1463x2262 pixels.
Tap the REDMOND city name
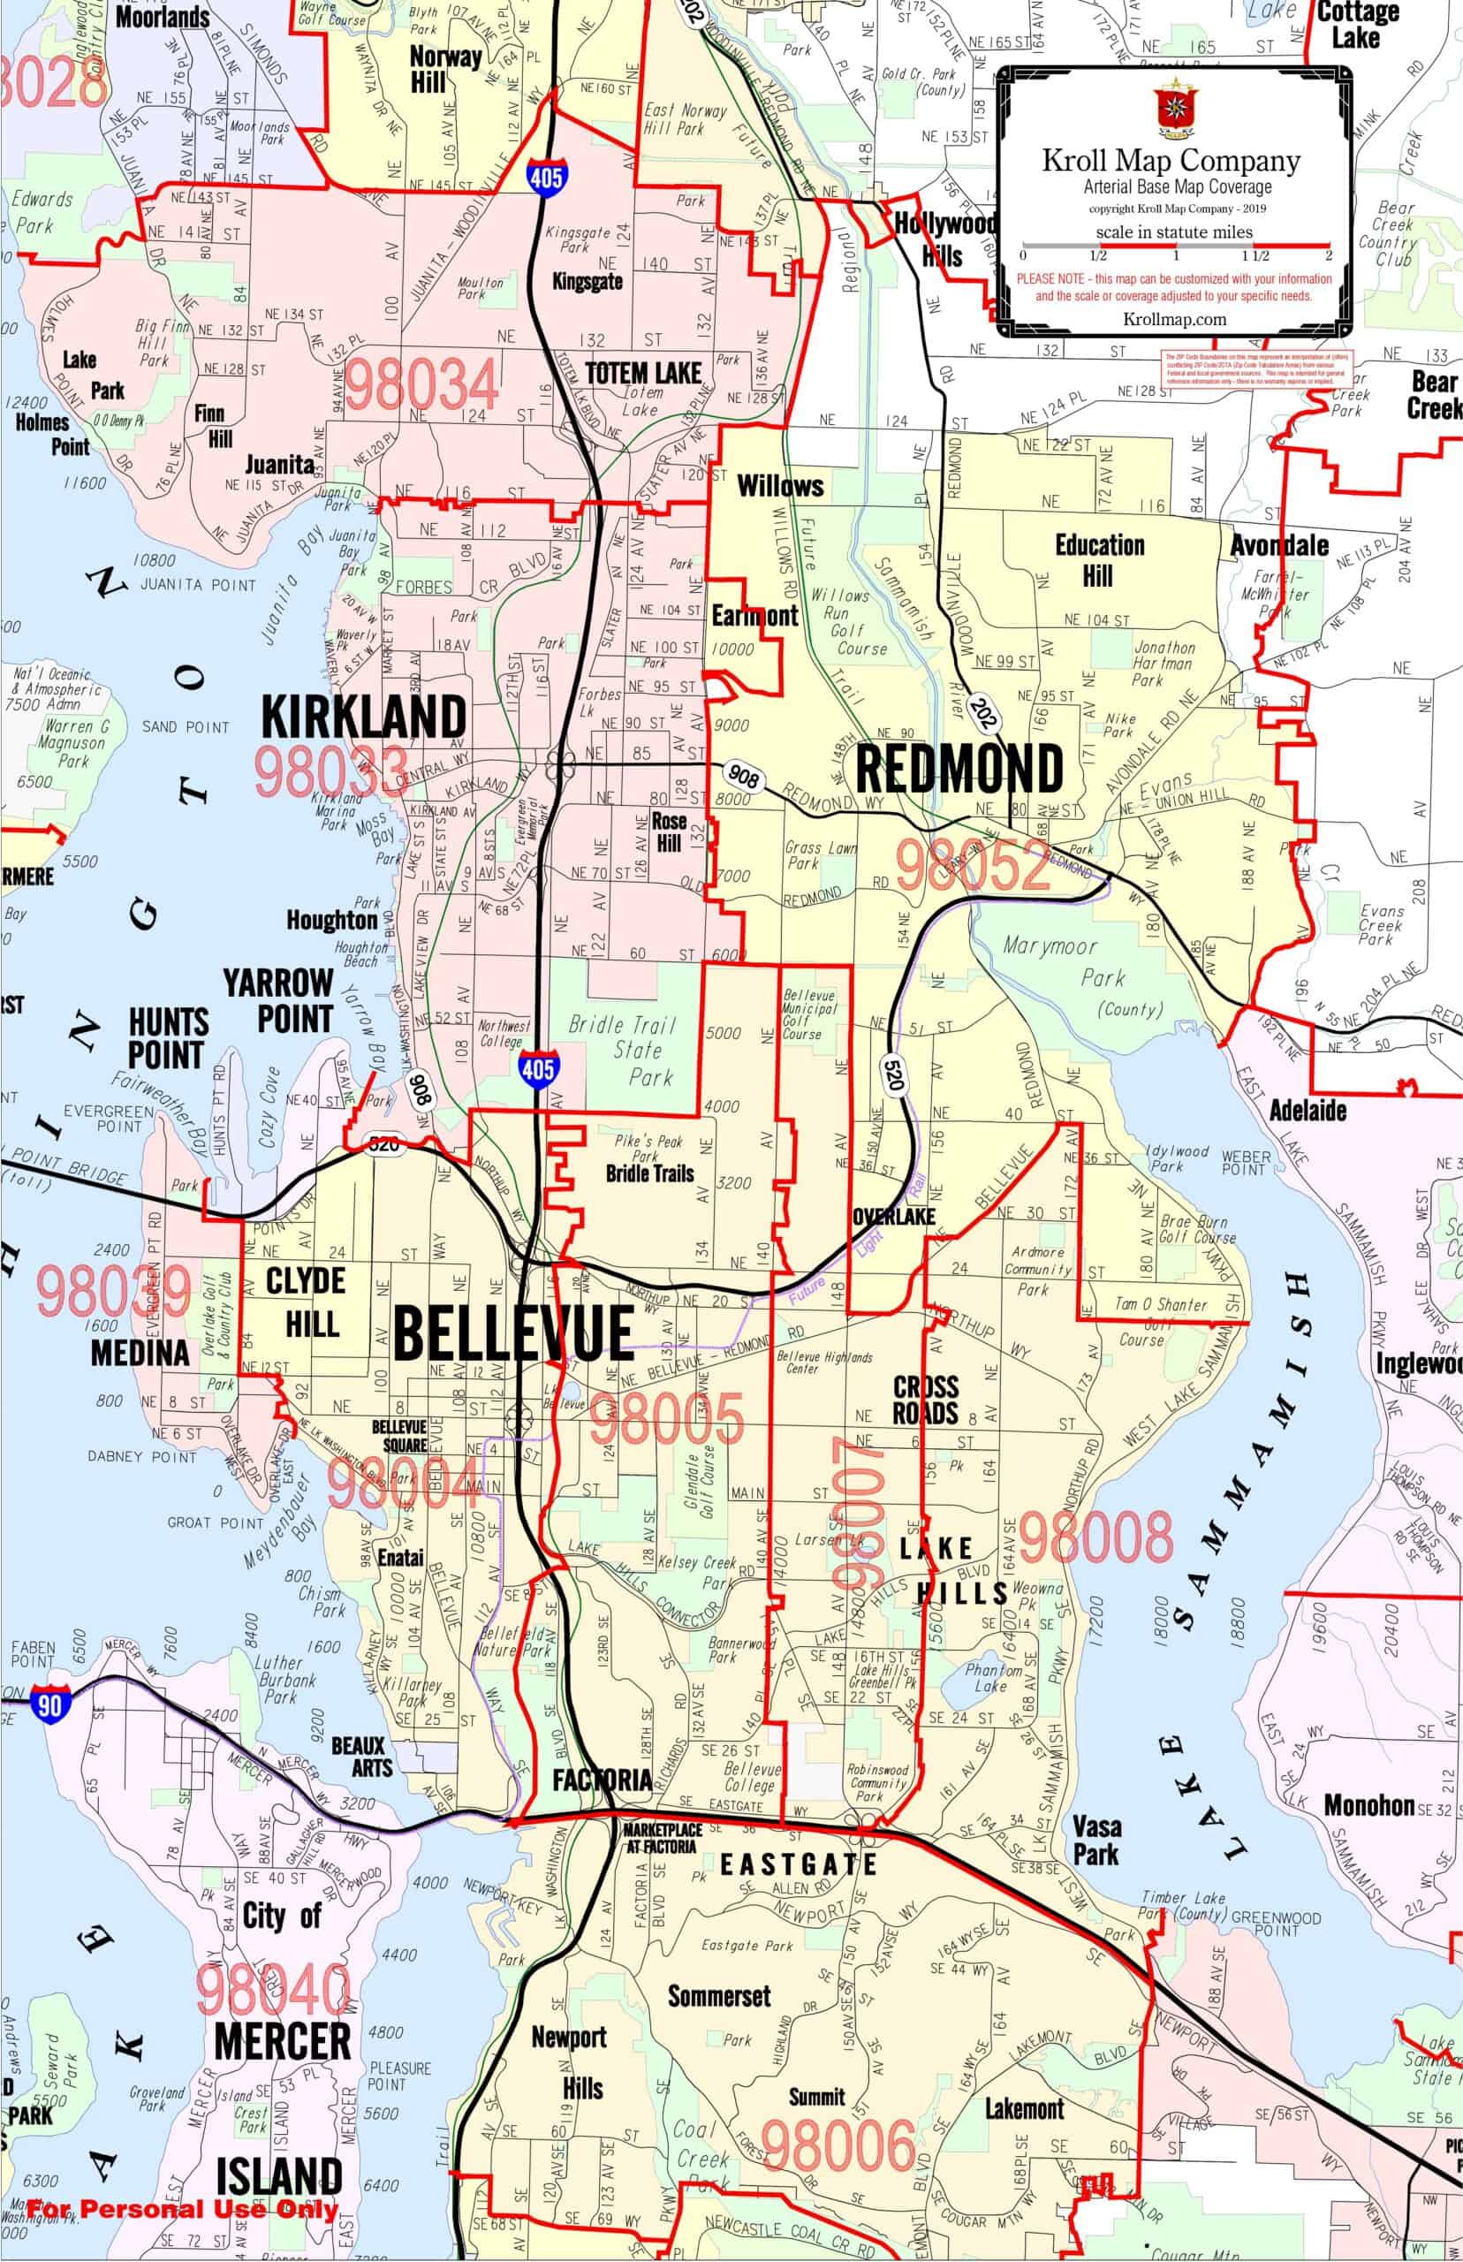click(x=959, y=769)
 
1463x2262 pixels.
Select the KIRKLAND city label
click(x=364, y=717)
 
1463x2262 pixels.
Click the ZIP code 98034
click(x=421, y=384)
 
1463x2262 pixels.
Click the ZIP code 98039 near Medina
click(x=114, y=1291)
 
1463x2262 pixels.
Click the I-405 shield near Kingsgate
click(x=546, y=177)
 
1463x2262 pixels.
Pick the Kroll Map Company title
click(x=1171, y=161)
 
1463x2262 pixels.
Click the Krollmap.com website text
click(x=1174, y=319)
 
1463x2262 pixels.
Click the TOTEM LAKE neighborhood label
click(x=643, y=372)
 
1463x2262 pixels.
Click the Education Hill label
click(x=1099, y=559)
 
